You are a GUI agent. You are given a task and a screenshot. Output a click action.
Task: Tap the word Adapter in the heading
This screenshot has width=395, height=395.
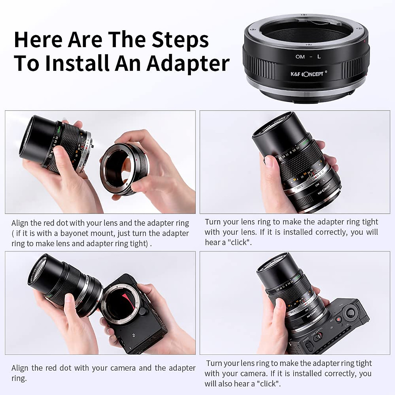coord(188,63)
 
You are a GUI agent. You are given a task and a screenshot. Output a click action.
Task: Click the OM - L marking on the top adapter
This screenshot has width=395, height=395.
coord(308,57)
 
